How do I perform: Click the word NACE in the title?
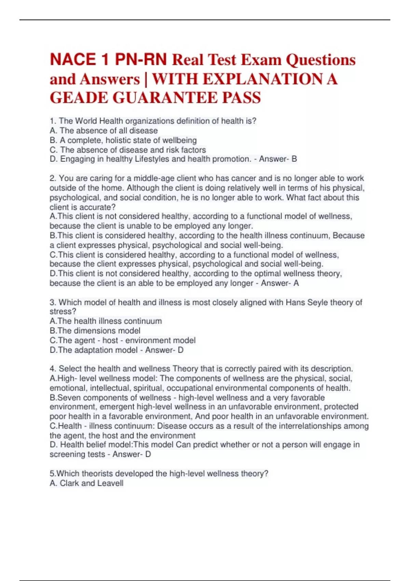tap(73, 59)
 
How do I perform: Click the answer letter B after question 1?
tap(294, 159)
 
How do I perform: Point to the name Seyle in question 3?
tap(318, 302)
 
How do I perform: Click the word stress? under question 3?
tap(63, 311)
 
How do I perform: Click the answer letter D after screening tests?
tap(148, 454)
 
